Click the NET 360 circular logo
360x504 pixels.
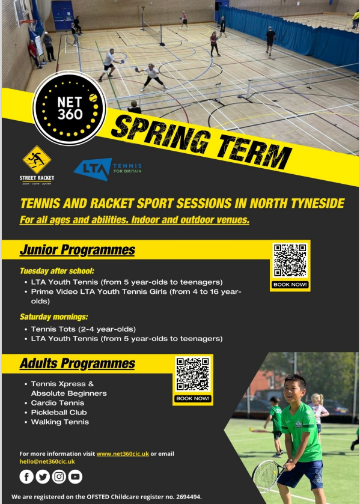pyautogui.click(x=69, y=108)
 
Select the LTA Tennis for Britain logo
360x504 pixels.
pyautogui.click(x=108, y=169)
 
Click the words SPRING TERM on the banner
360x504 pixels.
pyautogui.click(x=201, y=142)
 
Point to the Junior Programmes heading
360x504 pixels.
pyautogui.click(x=77, y=250)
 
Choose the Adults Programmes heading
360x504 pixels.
pyautogui.click(x=77, y=363)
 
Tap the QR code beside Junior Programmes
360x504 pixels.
pyautogui.click(x=290, y=261)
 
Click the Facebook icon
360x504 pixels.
pyautogui.click(x=26, y=476)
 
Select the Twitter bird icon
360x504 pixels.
pyautogui.click(x=43, y=476)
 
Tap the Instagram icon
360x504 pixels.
pyautogui.click(x=59, y=476)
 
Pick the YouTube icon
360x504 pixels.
pyautogui.click(x=75, y=476)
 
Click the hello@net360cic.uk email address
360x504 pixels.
pyautogui.click(x=47, y=461)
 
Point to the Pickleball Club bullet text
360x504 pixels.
pyautogui.click(x=59, y=412)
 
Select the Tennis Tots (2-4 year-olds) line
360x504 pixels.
pyautogui.click(x=84, y=329)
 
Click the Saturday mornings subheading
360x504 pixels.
pyautogui.click(x=54, y=317)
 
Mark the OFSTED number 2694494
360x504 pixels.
pyautogui.click(x=183, y=497)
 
